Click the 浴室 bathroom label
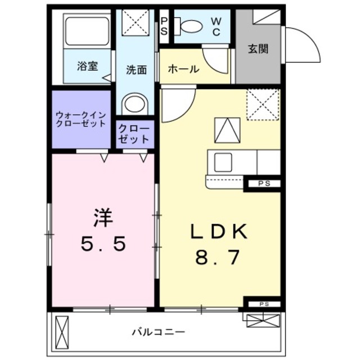point(88,66)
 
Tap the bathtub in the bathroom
point(86,31)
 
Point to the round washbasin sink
point(134,103)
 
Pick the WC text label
point(217,26)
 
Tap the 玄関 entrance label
point(258,48)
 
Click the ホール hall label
point(183,69)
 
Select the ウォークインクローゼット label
point(81,119)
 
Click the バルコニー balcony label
point(159,331)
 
